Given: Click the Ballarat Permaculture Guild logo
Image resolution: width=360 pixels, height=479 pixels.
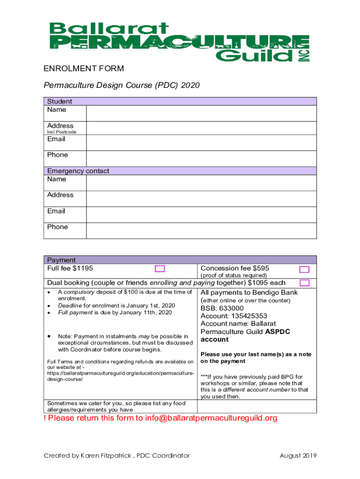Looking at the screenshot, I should point(180,42).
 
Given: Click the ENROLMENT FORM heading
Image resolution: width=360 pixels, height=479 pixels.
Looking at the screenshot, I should point(84,69).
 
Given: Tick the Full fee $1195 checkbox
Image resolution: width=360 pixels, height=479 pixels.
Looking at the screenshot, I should point(160,269).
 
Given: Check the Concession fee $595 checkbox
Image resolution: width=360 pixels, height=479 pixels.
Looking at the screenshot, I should point(304,269).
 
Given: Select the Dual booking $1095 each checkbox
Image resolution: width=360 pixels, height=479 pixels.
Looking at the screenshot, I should point(304,283).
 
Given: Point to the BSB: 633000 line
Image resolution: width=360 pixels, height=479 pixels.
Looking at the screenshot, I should point(222,308).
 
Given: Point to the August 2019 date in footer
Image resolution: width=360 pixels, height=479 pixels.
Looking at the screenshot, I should point(298,456).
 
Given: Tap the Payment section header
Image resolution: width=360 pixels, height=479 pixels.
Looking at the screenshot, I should point(61,260).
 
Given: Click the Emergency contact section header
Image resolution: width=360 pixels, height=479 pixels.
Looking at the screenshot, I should point(78,171).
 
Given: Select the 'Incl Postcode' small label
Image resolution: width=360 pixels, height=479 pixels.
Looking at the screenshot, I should point(62,132).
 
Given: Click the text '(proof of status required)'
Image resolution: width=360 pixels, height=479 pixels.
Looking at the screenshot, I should point(233,276).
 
